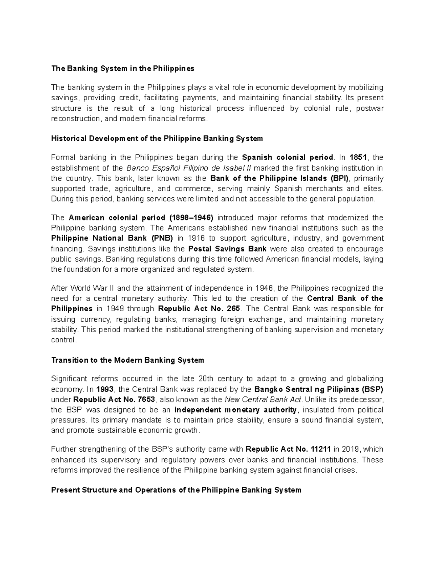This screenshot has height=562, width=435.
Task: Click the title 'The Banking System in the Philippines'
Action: (x=123, y=69)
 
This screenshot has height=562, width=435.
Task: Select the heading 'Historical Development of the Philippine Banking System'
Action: (x=157, y=139)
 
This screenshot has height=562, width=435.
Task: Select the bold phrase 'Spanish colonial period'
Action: (x=287, y=157)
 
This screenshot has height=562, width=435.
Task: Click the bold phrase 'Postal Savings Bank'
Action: (x=228, y=249)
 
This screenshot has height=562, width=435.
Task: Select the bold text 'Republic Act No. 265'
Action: (x=199, y=309)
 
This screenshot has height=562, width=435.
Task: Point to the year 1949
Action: (x=115, y=309)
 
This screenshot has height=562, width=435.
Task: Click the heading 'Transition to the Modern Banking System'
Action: (x=128, y=360)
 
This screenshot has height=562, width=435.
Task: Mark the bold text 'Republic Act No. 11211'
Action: (x=288, y=449)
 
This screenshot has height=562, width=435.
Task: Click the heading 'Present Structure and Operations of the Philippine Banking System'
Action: (x=176, y=490)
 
